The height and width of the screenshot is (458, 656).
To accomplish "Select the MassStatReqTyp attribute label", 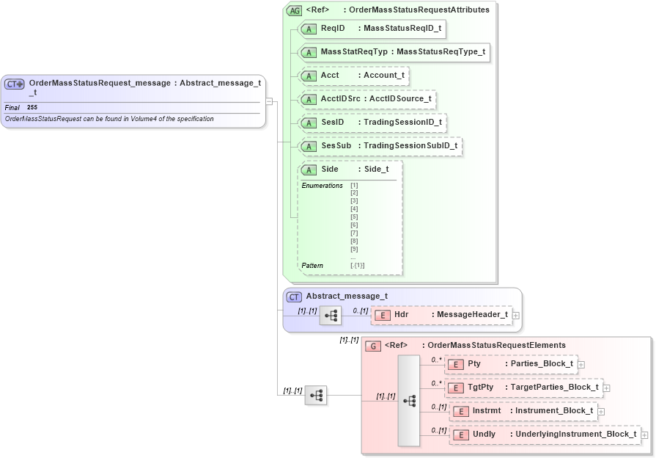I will pyautogui.click(x=354, y=52).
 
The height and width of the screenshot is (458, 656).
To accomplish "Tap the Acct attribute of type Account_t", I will pyautogui.click(x=353, y=75).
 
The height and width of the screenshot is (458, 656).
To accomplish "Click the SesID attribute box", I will pyautogui.click(x=372, y=122).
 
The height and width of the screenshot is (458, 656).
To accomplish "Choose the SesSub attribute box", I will pyautogui.click(x=380, y=145).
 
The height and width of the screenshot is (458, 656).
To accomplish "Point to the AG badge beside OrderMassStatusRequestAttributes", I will pyautogui.click(x=294, y=10).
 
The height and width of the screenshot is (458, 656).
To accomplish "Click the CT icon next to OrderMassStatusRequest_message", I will pyautogui.click(x=15, y=84).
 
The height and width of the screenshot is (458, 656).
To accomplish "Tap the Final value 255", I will pyautogui.click(x=32, y=107).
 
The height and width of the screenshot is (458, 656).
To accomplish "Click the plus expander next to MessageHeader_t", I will pyautogui.click(x=516, y=315).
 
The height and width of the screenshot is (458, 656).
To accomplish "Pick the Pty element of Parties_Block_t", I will pyautogui.click(x=510, y=363).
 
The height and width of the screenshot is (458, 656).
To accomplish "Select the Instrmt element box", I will pyautogui.click(x=523, y=410).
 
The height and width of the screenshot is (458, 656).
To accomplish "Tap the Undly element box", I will pyautogui.click(x=545, y=435).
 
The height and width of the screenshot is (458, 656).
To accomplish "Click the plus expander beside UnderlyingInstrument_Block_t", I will pyautogui.click(x=645, y=435).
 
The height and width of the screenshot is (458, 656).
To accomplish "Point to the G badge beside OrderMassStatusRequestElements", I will pyautogui.click(x=373, y=346).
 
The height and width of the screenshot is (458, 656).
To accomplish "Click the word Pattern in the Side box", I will pyautogui.click(x=313, y=265).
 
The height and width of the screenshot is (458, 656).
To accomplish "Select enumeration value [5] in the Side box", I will pyautogui.click(x=354, y=217).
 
